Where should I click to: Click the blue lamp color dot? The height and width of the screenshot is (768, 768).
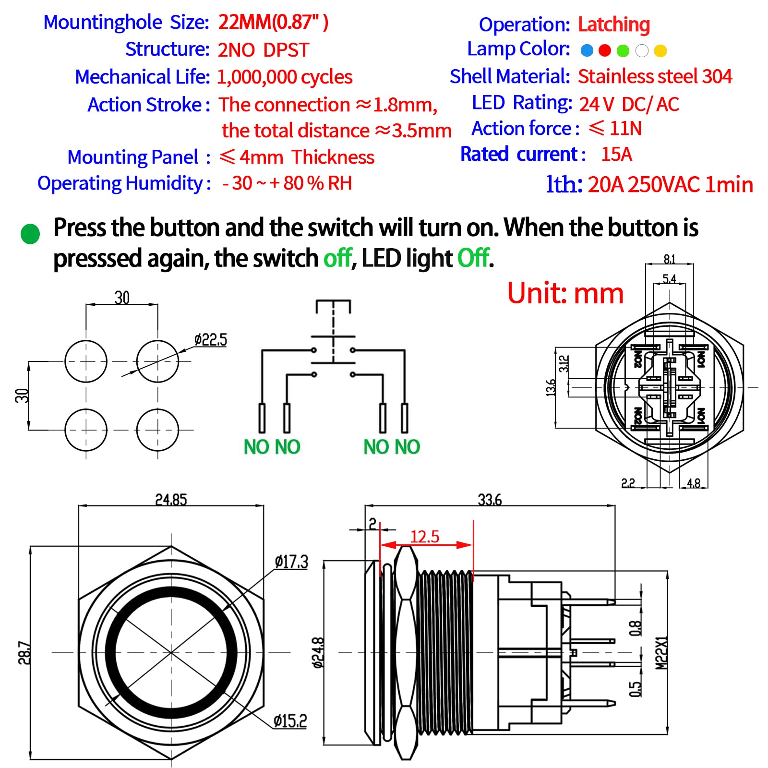coord(587,50)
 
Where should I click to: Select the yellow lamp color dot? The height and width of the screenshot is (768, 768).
coord(660,50)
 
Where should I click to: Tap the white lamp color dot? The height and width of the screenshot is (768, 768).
coord(642,50)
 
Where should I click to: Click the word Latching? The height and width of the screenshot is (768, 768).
coord(613,24)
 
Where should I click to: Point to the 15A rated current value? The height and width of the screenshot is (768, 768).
coord(616,155)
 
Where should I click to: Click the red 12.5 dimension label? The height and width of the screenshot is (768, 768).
coord(425,536)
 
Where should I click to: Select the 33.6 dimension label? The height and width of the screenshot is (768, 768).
coord(490,500)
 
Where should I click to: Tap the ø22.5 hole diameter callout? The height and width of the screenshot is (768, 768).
coord(210,340)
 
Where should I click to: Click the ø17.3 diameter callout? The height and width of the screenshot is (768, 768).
coord(291,562)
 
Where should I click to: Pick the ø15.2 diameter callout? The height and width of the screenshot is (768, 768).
coord(290,720)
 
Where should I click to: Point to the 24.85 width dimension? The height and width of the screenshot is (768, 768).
coord(171,500)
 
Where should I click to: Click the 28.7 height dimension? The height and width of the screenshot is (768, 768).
coord(24,653)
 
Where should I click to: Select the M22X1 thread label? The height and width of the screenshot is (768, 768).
coord(661,653)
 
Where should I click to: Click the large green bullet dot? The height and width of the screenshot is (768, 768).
coord(30,234)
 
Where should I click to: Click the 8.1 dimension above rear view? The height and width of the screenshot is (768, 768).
coord(669,259)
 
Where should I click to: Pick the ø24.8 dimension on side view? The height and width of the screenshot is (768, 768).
coord(318,653)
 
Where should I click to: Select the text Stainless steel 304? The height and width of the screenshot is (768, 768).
coord(655,76)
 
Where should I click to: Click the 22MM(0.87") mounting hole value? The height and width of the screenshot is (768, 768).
coord(273,22)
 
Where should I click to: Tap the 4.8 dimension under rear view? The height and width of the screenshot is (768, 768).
coord(694,483)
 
